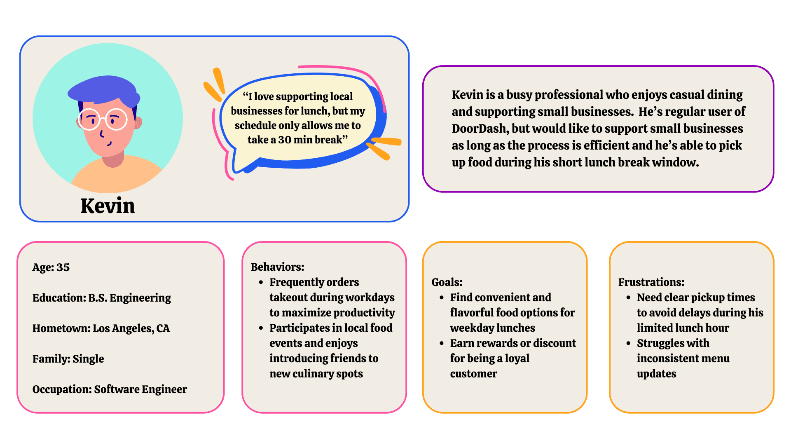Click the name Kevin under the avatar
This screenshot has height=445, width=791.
pos(108,206)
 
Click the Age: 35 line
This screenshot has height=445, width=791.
pos(51,267)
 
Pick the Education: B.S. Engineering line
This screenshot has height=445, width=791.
pos(101,298)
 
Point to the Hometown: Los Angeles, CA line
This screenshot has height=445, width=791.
pos(101,328)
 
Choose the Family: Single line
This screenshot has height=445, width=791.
pos(68,359)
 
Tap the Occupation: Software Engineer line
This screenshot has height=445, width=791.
pos(110,389)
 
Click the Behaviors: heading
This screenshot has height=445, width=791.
pos(277,267)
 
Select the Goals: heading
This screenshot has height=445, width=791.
pos(447,282)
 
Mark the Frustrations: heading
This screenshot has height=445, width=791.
pos(651,282)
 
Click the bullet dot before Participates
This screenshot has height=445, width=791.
pos(261,328)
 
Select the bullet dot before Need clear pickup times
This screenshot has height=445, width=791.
pos(628,298)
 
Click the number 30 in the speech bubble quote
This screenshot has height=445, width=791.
pos(285,140)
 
